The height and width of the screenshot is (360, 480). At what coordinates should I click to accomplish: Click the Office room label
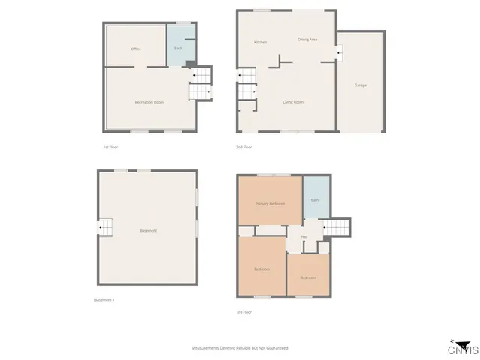[136, 49]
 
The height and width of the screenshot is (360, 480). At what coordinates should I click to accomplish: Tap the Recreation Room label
[149, 101]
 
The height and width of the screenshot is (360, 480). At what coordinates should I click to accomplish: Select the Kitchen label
[260, 42]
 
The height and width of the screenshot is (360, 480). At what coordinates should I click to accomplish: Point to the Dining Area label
[307, 39]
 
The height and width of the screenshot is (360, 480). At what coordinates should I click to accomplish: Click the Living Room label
[293, 101]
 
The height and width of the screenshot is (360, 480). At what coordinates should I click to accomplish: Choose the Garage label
[361, 85]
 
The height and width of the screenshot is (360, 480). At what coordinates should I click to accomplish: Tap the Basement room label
[148, 230]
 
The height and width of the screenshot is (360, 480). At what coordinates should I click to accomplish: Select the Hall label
[304, 237]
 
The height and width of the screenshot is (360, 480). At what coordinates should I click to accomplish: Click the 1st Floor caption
[110, 147]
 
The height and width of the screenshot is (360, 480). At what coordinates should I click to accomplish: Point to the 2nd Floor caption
[243, 147]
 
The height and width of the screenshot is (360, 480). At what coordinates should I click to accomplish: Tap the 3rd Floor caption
[244, 311]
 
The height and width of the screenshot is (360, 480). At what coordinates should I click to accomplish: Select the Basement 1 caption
[103, 300]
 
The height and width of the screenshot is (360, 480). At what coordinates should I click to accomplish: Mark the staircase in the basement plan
[104, 226]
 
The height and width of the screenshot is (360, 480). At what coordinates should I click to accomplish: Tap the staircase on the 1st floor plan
[200, 85]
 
